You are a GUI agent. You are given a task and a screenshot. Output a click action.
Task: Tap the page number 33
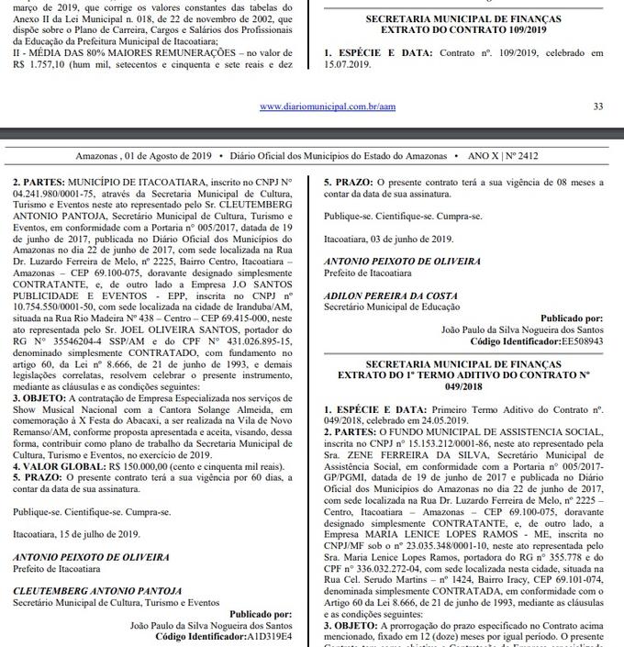pyautogui.click(x=597, y=106)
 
